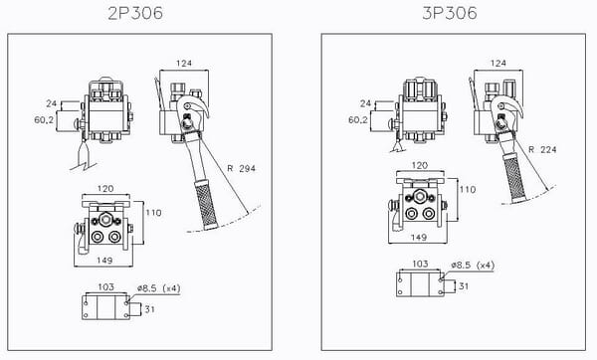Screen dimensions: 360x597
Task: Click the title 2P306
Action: (x=135, y=14)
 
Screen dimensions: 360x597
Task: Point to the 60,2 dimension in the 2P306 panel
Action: (x=44, y=118)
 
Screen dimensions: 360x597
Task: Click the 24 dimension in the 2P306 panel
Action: (x=51, y=102)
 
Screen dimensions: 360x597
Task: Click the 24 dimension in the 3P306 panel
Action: (x=366, y=102)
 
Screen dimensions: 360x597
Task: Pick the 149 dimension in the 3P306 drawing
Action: (x=419, y=238)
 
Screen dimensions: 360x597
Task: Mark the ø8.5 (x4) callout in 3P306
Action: (x=472, y=265)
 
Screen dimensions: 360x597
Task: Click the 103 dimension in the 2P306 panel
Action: (x=105, y=286)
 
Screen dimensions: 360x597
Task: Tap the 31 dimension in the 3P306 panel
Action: (x=464, y=285)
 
